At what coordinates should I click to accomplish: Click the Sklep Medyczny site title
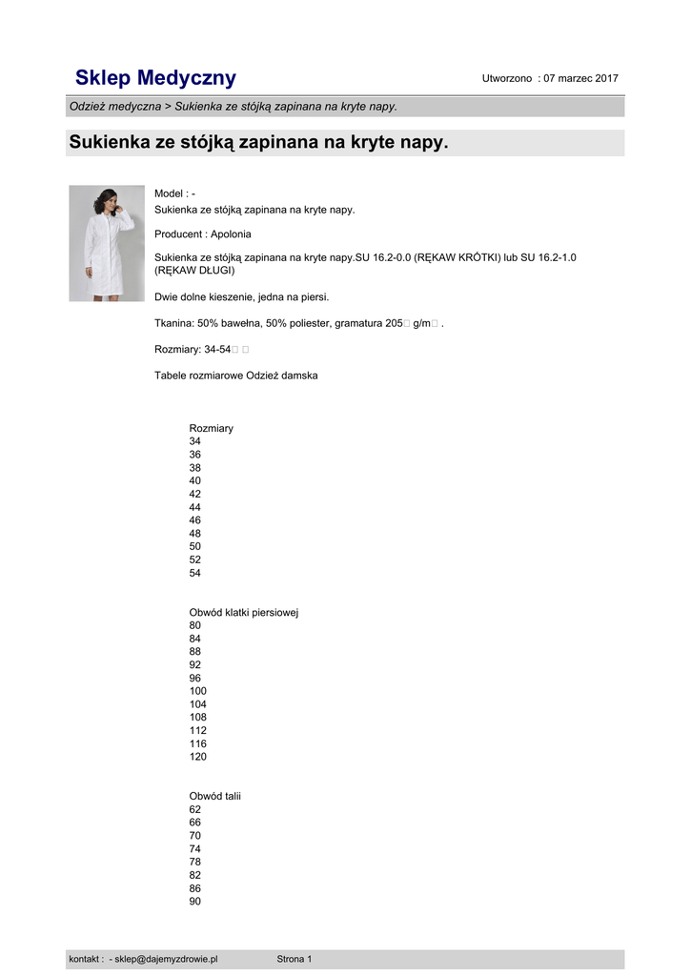(x=155, y=78)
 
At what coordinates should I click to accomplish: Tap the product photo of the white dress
(x=107, y=243)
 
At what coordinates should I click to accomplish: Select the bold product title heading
(x=258, y=143)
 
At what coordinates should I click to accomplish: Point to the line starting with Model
(x=174, y=193)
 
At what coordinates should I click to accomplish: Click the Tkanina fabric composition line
(x=298, y=323)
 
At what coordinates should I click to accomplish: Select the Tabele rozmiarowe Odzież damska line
(x=236, y=376)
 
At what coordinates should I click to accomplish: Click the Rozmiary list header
(x=212, y=428)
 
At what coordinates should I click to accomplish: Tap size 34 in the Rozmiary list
(x=195, y=441)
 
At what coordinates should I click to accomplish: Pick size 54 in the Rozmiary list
(x=195, y=573)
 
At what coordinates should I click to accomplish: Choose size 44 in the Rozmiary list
(x=195, y=507)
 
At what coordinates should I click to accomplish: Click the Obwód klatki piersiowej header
(x=244, y=612)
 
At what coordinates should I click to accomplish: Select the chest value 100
(x=198, y=691)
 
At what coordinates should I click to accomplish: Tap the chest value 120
(x=198, y=757)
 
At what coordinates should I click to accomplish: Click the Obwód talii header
(x=215, y=796)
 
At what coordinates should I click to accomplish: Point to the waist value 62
(x=195, y=809)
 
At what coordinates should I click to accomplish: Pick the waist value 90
(x=195, y=901)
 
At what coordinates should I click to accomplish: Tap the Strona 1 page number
(x=295, y=959)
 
